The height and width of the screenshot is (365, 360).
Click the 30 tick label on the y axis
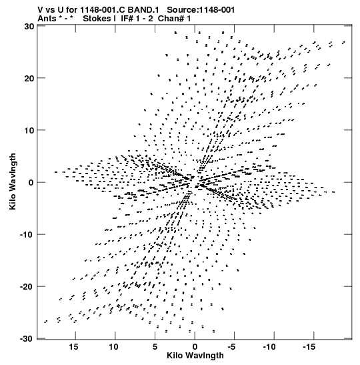[29, 26]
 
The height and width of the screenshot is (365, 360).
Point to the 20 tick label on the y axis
[29, 78]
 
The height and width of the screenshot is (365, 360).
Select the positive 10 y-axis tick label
[29, 130]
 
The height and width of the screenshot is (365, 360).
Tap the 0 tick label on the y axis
[31, 183]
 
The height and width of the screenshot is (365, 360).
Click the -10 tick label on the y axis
[27, 234]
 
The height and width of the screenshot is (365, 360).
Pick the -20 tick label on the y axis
[27, 286]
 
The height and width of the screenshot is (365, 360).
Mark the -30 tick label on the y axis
[27, 339]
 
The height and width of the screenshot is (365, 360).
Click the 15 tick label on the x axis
[74, 347]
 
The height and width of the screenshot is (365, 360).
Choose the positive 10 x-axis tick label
[113, 347]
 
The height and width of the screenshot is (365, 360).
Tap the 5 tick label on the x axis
[155, 347]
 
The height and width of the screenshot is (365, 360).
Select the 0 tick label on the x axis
[195, 347]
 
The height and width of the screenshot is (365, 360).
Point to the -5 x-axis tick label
[233, 347]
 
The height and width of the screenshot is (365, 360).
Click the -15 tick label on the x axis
[309, 347]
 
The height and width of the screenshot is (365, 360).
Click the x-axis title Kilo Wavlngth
[195, 356]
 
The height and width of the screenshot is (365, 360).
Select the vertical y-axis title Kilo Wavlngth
[13, 181]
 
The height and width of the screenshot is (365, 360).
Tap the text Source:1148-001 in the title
[201, 10]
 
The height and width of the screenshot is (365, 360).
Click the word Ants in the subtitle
[47, 19]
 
